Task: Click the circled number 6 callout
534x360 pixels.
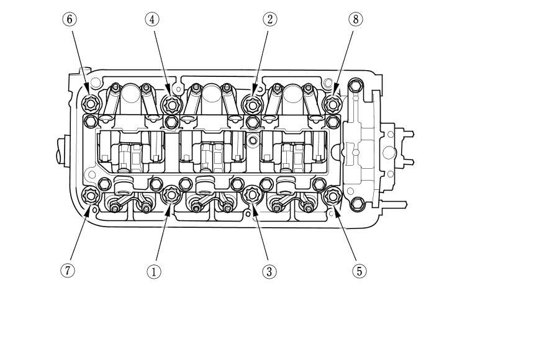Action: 70,19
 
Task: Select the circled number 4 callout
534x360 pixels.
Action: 152,19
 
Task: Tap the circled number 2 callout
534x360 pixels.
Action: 269,19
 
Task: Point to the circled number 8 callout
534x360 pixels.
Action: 356,19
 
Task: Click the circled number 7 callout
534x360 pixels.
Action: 68,271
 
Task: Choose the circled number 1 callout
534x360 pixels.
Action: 153,272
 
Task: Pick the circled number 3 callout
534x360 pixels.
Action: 269,272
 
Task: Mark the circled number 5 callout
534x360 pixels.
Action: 360,271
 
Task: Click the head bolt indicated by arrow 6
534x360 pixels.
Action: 91,104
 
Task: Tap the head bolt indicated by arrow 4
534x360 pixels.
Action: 171,104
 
